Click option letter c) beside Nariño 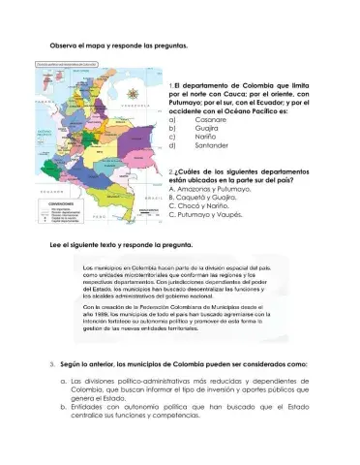(x=172, y=138)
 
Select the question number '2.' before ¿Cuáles (x=171, y=170)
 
